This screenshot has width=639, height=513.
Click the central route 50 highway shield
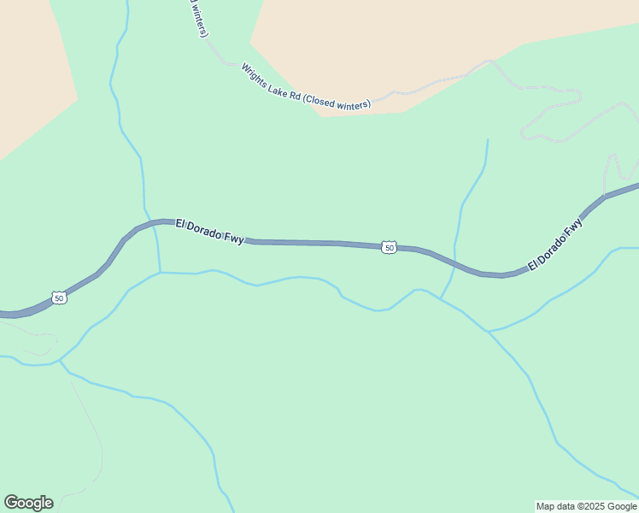390,247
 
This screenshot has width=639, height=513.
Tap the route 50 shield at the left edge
58,298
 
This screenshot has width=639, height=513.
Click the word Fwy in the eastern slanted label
574,228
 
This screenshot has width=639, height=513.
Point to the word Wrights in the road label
255,74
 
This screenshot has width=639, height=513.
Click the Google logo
28,503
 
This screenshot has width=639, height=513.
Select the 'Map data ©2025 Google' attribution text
586,506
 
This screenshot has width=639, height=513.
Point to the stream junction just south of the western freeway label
160,273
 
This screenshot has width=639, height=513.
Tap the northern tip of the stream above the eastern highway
488,140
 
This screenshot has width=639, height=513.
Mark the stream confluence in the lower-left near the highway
60,362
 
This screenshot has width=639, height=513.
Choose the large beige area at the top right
427,43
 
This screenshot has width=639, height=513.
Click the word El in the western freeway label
180,224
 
